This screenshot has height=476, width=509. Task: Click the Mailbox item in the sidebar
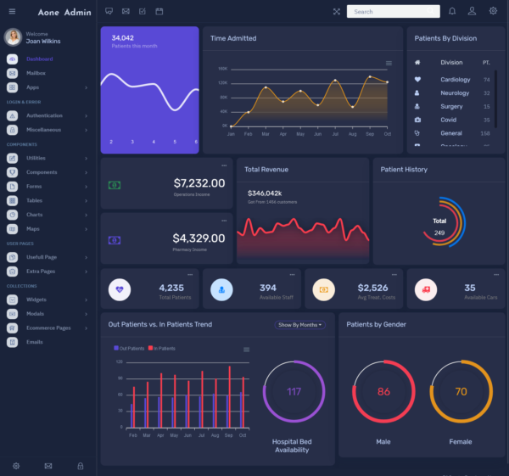pyautogui.click(x=35, y=73)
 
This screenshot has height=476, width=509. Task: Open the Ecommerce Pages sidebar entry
pyautogui.click(x=48, y=328)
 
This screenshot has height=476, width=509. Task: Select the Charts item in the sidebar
pyautogui.click(x=34, y=214)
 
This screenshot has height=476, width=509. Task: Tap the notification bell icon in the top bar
pyautogui.click(x=451, y=11)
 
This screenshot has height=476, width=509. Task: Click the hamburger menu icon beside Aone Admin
pyautogui.click(x=12, y=11)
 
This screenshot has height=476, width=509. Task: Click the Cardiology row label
pyautogui.click(x=455, y=80)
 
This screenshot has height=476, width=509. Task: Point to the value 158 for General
pyautogui.click(x=485, y=133)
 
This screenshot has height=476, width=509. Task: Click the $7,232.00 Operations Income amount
pyautogui.click(x=199, y=182)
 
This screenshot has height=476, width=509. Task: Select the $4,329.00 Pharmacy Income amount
pyautogui.click(x=199, y=238)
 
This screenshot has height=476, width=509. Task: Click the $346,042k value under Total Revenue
pyautogui.click(x=265, y=193)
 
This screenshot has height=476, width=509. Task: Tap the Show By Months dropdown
pyautogui.click(x=300, y=325)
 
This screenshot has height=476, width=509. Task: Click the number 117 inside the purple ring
pyautogui.click(x=294, y=391)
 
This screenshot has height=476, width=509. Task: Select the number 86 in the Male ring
pyautogui.click(x=383, y=391)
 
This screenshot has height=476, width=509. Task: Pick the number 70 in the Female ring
pyautogui.click(x=461, y=391)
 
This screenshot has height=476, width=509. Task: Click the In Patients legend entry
pyautogui.click(x=164, y=349)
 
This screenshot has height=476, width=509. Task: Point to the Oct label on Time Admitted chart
pyautogui.click(x=387, y=134)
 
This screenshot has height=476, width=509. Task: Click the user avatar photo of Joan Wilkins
pyautogui.click(x=13, y=36)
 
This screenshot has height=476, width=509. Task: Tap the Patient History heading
pyautogui.click(x=404, y=170)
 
